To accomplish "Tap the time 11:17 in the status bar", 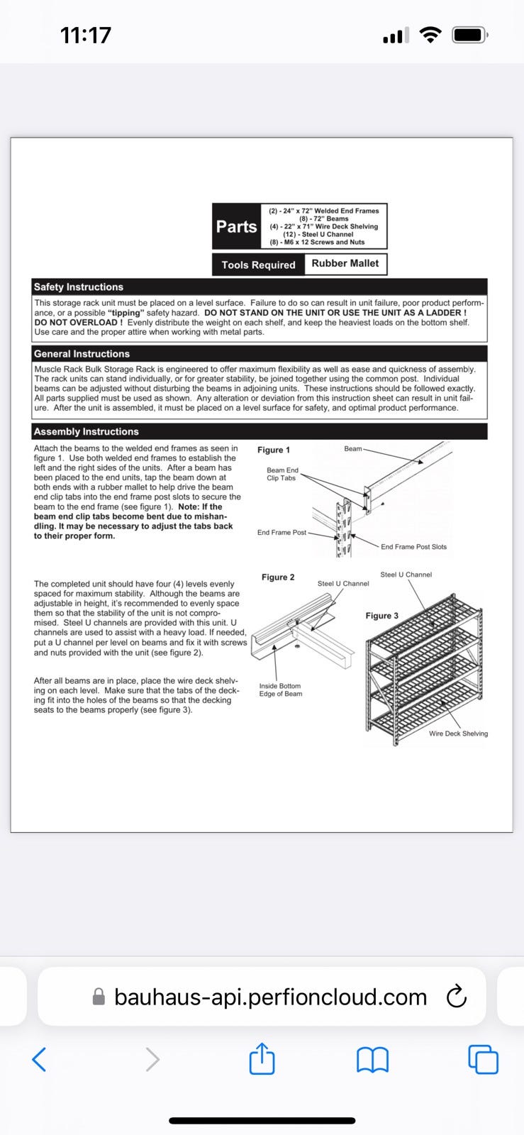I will click(x=86, y=35).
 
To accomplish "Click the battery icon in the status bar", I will click(x=469, y=35).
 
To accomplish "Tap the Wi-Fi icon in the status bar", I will click(x=430, y=35).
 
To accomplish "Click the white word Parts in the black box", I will click(x=237, y=226).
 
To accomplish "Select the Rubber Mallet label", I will click(x=345, y=263).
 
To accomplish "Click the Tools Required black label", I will click(x=258, y=265).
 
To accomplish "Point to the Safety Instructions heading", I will click(x=79, y=287).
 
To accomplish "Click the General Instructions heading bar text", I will click(x=82, y=353).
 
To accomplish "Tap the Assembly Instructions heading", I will click(x=87, y=431).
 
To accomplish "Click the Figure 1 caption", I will click(x=274, y=450).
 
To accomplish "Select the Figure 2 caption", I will click(x=278, y=577).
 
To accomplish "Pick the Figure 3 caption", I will click(x=382, y=615).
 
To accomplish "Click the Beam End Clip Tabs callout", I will click(x=281, y=474).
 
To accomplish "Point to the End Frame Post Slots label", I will click(x=413, y=546).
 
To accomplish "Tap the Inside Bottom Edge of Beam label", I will click(x=280, y=690).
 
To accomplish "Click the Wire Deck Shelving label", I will click(x=458, y=733).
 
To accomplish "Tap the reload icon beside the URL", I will click(x=456, y=997).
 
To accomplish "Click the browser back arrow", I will click(x=40, y=1059).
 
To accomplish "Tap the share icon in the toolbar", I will click(x=262, y=1059).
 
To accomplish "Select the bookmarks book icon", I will click(x=372, y=1060).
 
